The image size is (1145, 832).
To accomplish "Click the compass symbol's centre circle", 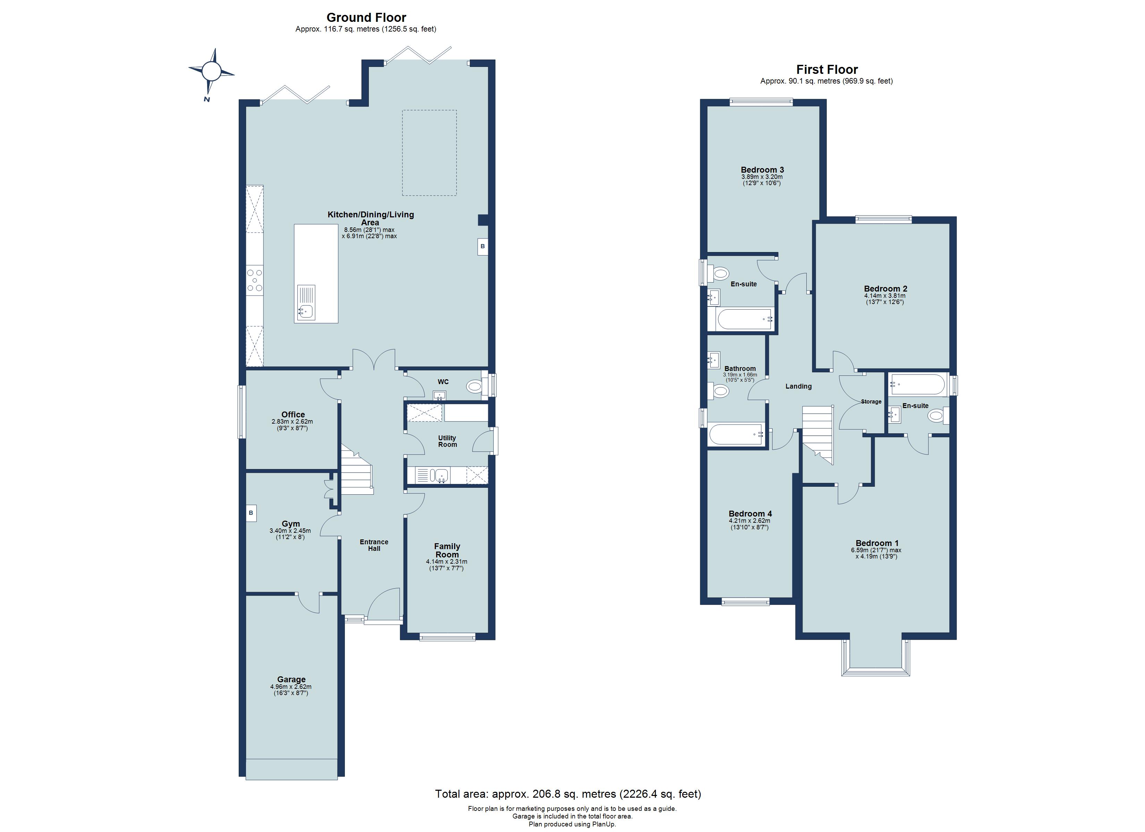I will click(x=212, y=71).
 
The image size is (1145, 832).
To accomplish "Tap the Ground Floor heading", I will click(x=366, y=18).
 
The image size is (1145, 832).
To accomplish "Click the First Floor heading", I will click(x=827, y=70).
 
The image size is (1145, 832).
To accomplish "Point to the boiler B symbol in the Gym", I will click(x=251, y=513).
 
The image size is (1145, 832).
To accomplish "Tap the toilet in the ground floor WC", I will click(x=475, y=387).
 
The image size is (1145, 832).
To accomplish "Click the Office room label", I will click(x=293, y=414).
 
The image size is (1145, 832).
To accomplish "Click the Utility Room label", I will click(x=447, y=441).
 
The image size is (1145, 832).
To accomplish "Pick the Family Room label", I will click(x=447, y=550).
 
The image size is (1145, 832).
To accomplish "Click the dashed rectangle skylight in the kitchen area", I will click(x=429, y=153).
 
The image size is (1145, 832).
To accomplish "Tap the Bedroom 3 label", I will click(x=762, y=170).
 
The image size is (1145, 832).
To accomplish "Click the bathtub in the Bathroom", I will click(x=736, y=434).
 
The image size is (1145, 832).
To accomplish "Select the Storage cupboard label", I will click(x=871, y=402).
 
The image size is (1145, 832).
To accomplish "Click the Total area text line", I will click(x=568, y=794).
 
